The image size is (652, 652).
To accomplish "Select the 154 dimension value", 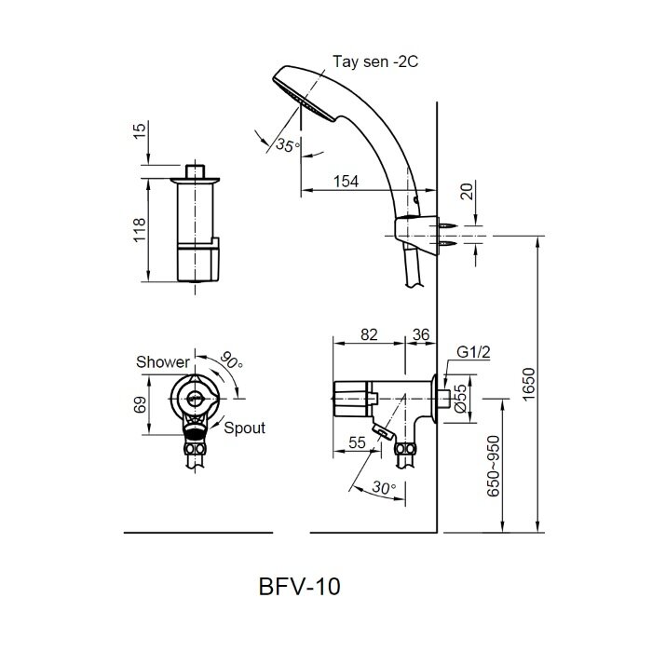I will point(346,183).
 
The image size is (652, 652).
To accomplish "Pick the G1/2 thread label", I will point(473,353).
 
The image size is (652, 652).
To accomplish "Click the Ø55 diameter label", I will point(460,401).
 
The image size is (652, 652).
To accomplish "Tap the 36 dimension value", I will point(419,333).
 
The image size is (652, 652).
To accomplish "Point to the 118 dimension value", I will point(138,230).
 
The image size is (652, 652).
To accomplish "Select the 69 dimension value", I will point(138,404).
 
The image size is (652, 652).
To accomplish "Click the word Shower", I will point(163,362).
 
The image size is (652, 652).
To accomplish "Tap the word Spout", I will point(244,428).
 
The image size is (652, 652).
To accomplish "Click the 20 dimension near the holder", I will point(466,193).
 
